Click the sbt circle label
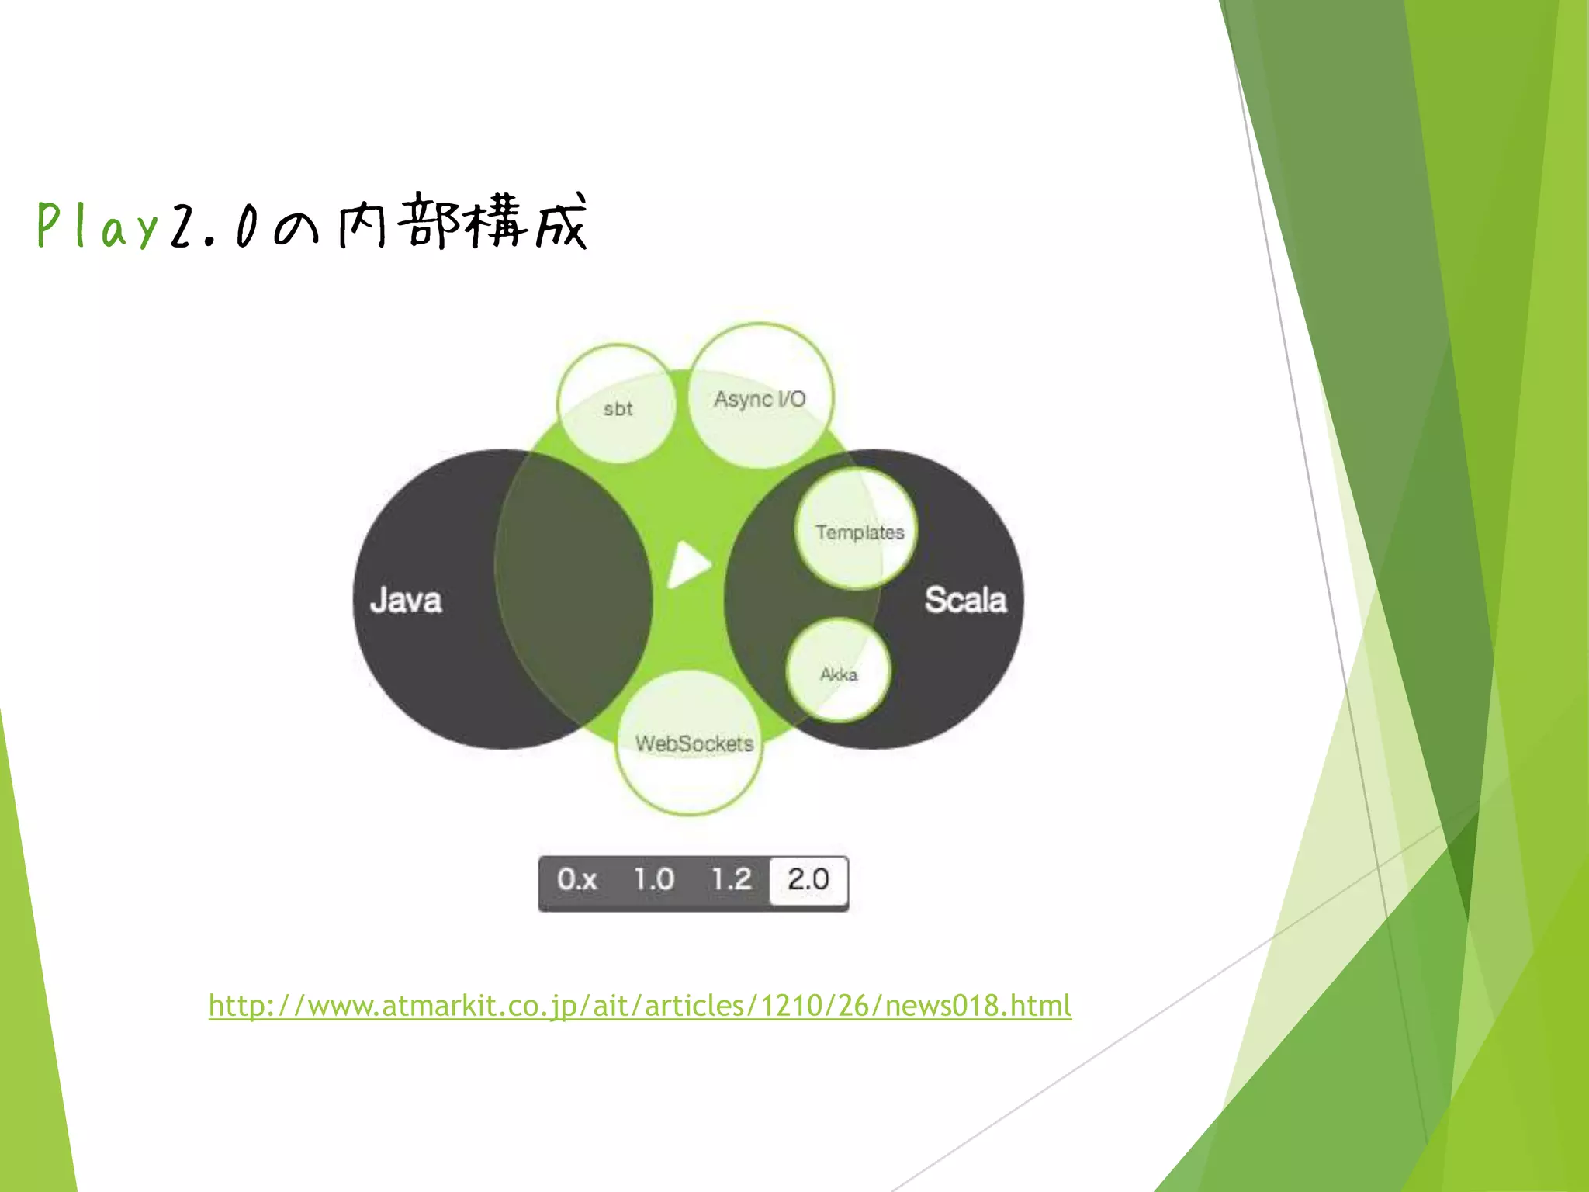(618, 409)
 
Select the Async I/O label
(760, 399)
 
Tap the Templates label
(859, 532)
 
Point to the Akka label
(839, 674)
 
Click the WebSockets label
(694, 743)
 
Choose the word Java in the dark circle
(406, 600)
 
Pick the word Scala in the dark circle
(965, 600)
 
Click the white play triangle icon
(688, 564)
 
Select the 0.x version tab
(576, 879)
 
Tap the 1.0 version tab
(653, 879)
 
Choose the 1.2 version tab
(731, 879)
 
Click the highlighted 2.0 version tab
(808, 879)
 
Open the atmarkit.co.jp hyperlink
(639, 1006)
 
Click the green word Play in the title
(98, 226)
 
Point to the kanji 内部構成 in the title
(462, 223)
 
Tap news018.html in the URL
(978, 1006)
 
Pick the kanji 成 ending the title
(560, 223)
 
